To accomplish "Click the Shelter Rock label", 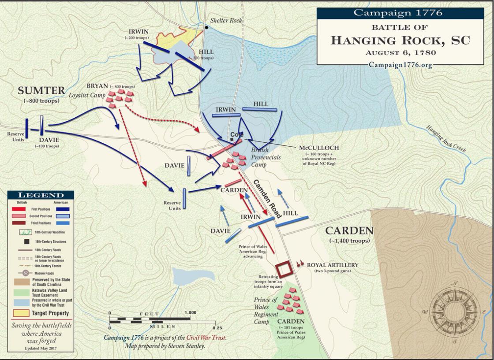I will tap(226, 21).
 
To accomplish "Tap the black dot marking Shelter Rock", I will tap(206, 28).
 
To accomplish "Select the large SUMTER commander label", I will tap(41, 91).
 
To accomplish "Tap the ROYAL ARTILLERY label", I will tap(333, 265).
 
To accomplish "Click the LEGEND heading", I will tap(41, 195).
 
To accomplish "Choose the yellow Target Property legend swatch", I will tap(19, 313).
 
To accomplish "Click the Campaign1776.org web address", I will tap(400, 65).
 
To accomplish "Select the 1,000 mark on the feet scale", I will tap(190, 312).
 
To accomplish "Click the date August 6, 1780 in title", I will tap(400, 52).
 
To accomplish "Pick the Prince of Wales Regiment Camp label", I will tap(266, 311).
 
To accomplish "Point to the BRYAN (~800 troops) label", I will tap(110, 86).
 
